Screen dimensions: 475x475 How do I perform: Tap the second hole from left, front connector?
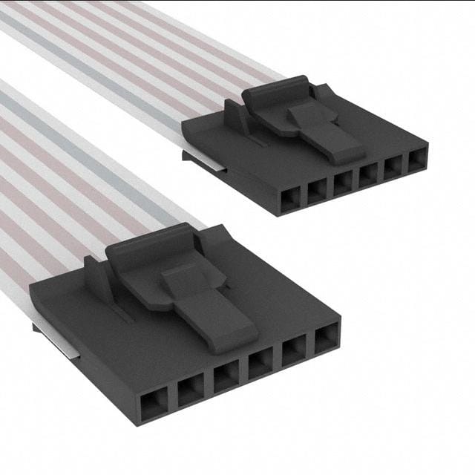pyautogui.click(x=190, y=388)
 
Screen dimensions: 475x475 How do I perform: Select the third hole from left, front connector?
pyautogui.click(x=226, y=376)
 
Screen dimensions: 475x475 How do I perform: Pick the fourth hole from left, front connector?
pyautogui.click(x=260, y=362)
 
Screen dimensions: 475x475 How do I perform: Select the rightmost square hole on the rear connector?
pyautogui.click(x=417, y=157)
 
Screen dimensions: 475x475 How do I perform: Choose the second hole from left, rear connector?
pyautogui.click(x=318, y=190)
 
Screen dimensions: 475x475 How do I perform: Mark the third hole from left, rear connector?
pyautogui.click(x=344, y=181)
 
